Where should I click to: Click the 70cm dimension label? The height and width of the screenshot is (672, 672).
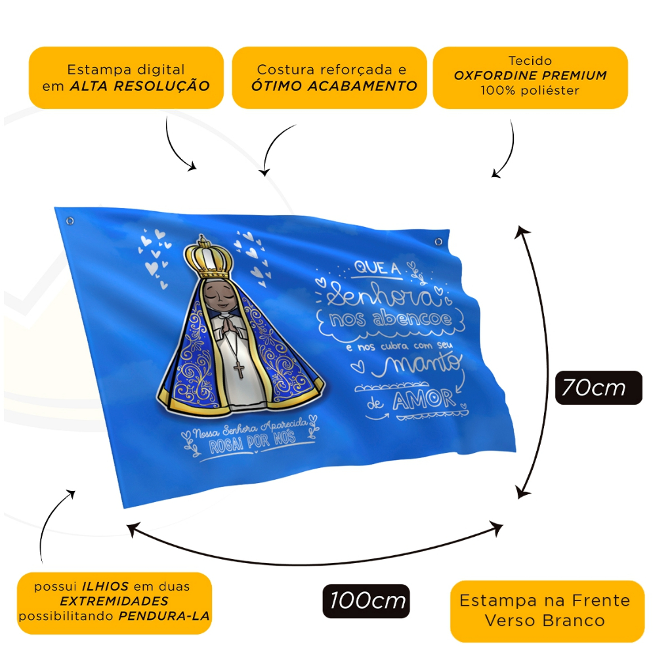click(598, 388)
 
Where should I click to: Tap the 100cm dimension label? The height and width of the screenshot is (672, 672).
click(366, 601)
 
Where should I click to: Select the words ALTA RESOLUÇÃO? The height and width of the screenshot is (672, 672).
click(140, 86)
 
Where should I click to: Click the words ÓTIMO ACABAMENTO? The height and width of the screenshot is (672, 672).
click(334, 86)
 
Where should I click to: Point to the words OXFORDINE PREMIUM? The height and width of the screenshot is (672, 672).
click(530, 75)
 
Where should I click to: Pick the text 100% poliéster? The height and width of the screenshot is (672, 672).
click(530, 91)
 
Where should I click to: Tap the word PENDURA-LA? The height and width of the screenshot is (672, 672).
click(165, 616)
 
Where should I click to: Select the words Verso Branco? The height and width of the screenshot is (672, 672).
click(545, 620)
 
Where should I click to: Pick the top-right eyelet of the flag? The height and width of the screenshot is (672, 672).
click(438, 242)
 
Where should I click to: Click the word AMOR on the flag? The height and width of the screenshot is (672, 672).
click(423, 399)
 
